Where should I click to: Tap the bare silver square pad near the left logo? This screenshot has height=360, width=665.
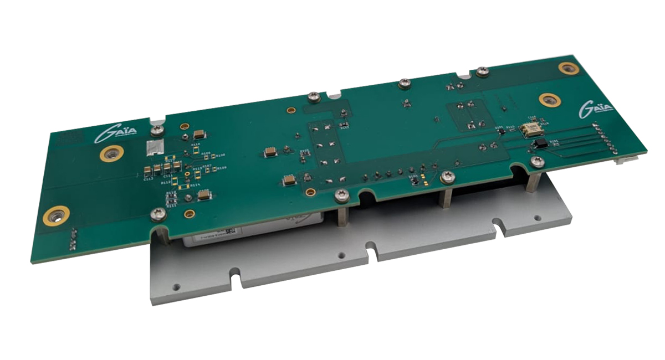coord(156,147)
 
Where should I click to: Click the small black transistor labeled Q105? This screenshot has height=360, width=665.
coord(502,131)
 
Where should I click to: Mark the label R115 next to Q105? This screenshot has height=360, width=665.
coord(510,127)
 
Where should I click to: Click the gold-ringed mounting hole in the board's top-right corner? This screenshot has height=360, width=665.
coord(569,68)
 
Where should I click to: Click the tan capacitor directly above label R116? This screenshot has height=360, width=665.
coord(199,135)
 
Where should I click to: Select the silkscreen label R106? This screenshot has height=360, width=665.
coord(206,153)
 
